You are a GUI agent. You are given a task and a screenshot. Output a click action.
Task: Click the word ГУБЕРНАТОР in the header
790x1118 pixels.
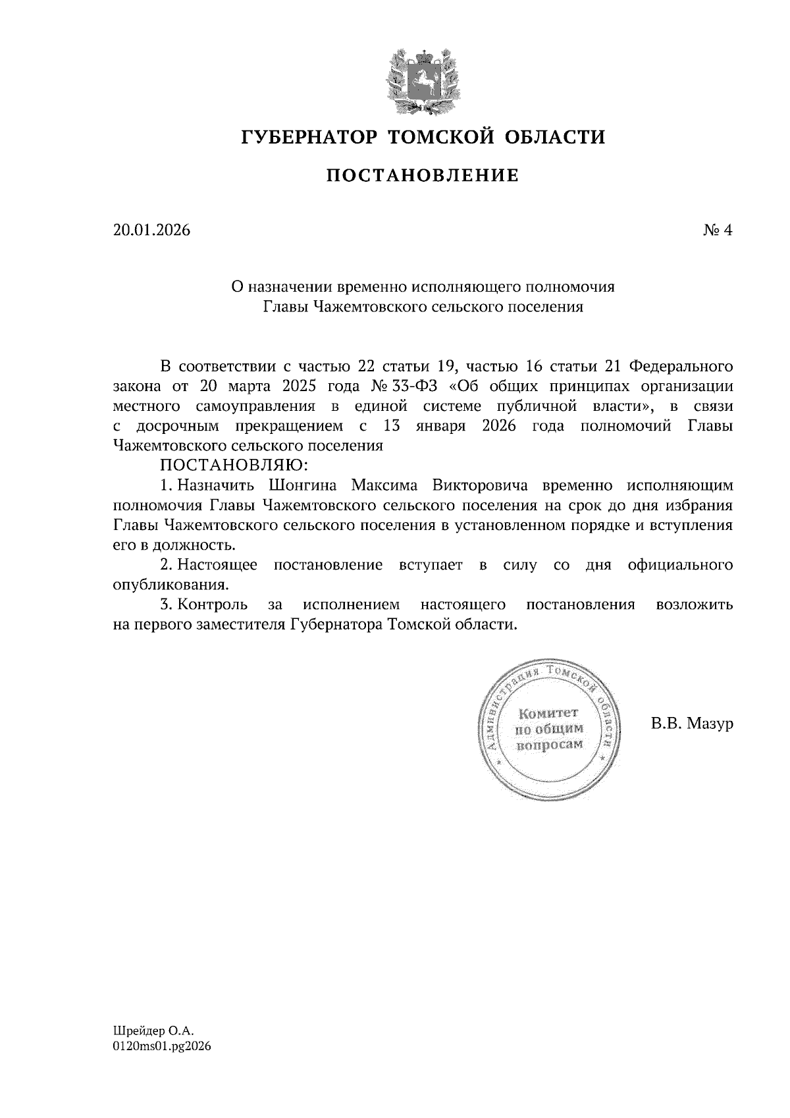(x=308, y=138)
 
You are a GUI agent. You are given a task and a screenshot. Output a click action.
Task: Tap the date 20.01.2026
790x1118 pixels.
(x=151, y=230)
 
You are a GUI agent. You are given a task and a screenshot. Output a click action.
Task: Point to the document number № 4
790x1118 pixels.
(x=717, y=230)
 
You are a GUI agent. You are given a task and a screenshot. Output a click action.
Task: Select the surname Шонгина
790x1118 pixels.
(x=303, y=486)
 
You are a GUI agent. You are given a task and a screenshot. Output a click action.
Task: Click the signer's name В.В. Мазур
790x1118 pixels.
(x=692, y=724)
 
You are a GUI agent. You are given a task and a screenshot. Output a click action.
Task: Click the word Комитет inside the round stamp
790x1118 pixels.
(x=548, y=713)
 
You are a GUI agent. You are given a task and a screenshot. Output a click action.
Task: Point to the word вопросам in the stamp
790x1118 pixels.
(x=549, y=745)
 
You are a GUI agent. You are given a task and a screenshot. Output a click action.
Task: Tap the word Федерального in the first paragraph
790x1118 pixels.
(x=683, y=366)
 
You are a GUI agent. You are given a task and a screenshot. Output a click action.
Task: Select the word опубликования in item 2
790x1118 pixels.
(x=172, y=585)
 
